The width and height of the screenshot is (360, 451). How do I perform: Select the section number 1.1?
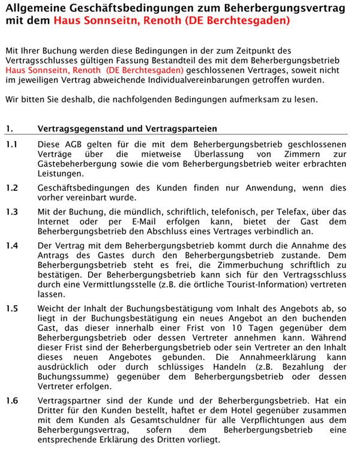(x=12, y=145)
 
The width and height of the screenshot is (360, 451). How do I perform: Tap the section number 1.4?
(x=12, y=246)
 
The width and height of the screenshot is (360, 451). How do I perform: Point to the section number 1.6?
(x=12, y=400)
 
